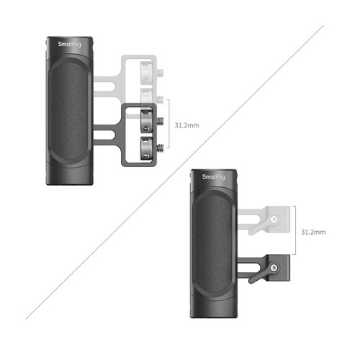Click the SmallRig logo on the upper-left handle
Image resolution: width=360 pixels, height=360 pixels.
coord(70,44)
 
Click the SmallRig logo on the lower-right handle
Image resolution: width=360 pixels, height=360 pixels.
coord(214,177)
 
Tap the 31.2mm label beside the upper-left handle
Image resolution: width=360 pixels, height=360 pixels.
coord(186,125)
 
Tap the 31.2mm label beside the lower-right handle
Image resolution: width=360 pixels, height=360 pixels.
coord(313,232)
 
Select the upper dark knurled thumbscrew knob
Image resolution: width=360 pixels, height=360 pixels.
coord(146,121)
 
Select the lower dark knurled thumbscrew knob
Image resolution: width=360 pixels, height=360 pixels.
coord(146,148)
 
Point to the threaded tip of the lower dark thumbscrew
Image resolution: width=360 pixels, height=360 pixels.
coord(160,148)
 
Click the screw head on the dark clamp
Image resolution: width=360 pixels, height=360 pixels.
coord(274,267)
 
